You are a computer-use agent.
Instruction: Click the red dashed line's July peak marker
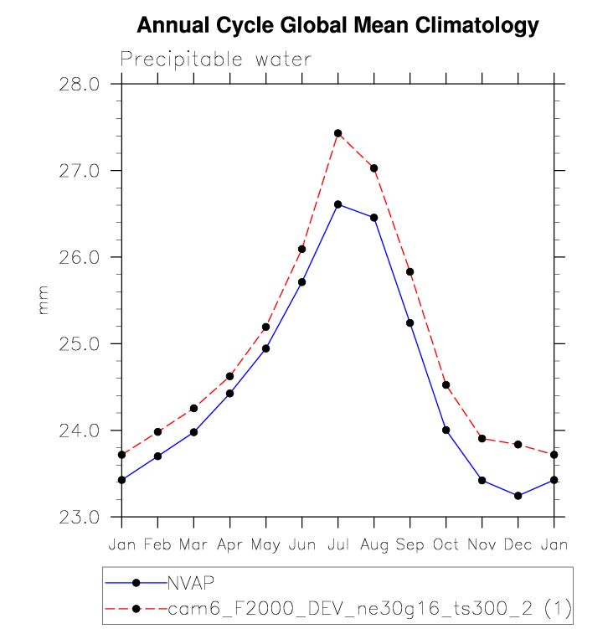pos(337,133)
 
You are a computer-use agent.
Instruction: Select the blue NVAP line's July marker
pos(337,204)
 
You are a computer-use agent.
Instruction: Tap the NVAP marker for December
pos(518,496)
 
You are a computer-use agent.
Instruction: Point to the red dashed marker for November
pos(482,438)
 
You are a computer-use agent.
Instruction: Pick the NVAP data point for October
pos(446,430)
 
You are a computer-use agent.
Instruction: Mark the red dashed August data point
pos(373,168)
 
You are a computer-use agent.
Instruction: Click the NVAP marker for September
pos(410,322)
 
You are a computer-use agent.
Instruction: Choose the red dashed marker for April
pos(229,376)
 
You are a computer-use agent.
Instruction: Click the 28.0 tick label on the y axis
pos(79,85)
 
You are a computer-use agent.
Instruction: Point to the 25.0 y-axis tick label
pos(79,344)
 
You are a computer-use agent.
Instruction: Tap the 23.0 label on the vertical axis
pos(79,517)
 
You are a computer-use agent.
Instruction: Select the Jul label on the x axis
pos(337,544)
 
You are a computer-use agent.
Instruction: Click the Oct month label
pos(446,544)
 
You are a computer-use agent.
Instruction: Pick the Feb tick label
pos(157,544)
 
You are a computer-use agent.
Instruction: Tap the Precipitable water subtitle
pos(216,59)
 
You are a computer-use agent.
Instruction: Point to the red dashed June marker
pos(301,249)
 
